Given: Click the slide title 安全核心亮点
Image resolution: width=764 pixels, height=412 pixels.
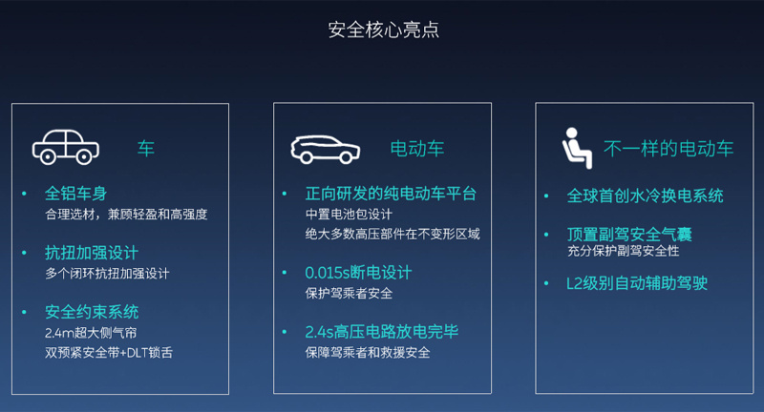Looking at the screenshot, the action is click(x=384, y=30).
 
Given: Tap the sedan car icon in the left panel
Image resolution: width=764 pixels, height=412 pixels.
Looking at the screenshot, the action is click(x=66, y=147).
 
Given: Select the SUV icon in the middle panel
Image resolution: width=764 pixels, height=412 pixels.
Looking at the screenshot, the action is click(x=325, y=150).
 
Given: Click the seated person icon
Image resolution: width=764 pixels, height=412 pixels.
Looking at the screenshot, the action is click(x=577, y=149).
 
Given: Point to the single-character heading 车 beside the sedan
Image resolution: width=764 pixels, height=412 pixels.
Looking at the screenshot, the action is click(x=146, y=149).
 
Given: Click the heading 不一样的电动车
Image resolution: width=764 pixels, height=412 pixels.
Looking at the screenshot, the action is click(x=668, y=149).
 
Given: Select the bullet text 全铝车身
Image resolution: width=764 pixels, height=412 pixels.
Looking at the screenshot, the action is click(x=76, y=194).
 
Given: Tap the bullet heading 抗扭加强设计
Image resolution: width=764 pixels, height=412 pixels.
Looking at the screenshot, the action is click(x=92, y=253).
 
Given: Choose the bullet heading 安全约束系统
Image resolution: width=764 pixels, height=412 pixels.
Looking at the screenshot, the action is click(x=92, y=312).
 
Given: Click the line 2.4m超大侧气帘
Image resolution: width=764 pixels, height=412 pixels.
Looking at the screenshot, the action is click(x=91, y=333).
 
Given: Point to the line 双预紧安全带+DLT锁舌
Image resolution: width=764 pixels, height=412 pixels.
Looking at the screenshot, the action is click(x=109, y=353).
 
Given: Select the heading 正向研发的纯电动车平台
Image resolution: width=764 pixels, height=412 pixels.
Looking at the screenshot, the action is click(x=391, y=194).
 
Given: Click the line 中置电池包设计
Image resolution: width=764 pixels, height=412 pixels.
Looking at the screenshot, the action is click(x=349, y=215).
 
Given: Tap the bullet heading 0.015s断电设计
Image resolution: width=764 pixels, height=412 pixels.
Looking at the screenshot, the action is click(x=359, y=273).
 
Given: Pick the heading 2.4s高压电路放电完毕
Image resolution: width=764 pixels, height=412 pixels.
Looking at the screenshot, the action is click(x=382, y=332).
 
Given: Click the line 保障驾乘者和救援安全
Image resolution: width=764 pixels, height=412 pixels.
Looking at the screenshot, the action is click(x=368, y=353).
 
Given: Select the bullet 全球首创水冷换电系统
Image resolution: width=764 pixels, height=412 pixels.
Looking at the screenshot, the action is click(x=646, y=196).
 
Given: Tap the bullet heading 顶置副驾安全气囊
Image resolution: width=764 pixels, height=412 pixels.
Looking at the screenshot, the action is click(x=629, y=235).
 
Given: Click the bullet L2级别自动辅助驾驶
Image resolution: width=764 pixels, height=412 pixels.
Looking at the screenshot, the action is click(x=637, y=283).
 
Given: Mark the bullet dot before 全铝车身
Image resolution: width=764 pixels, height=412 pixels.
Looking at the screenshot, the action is click(x=24, y=195).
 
